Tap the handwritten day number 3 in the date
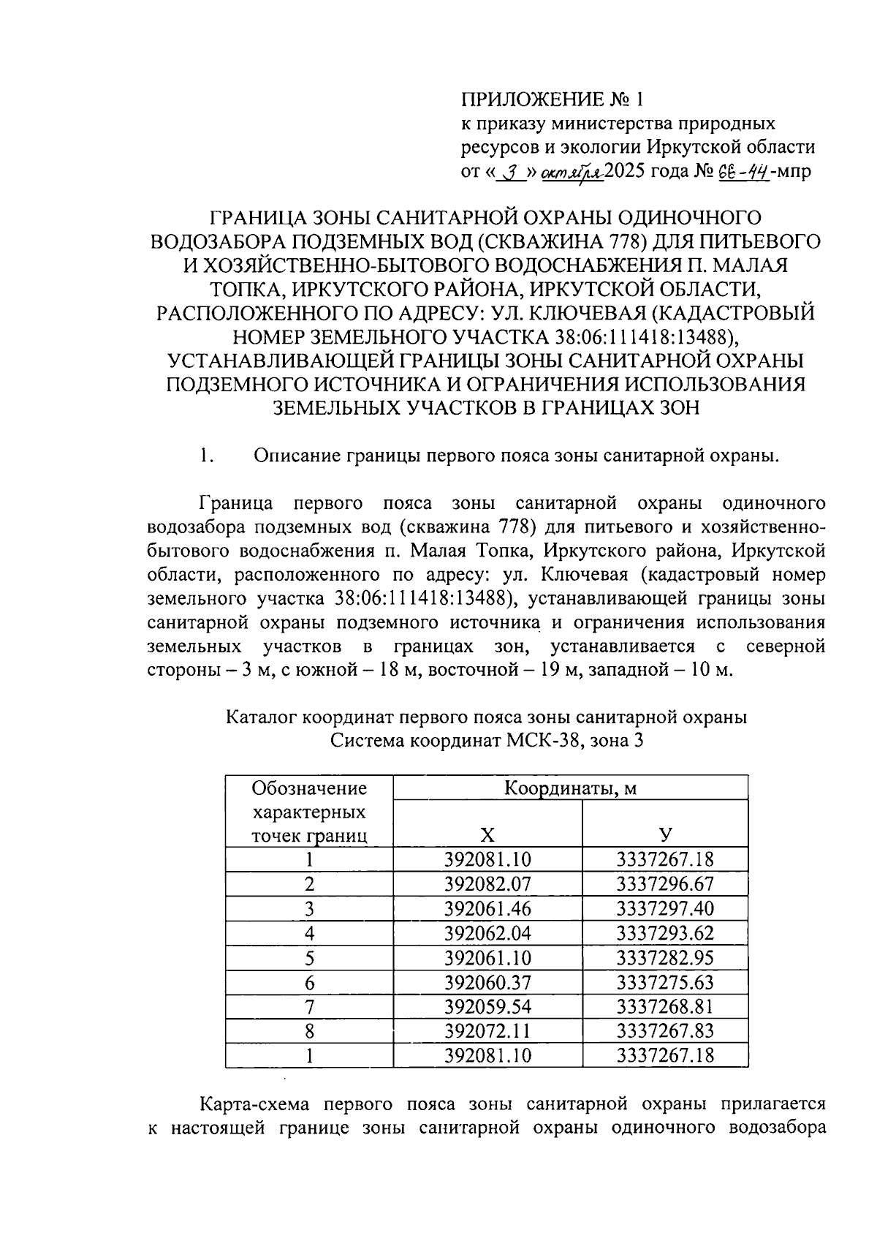pyautogui.click(x=514, y=173)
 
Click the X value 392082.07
pyautogui.click(x=487, y=884)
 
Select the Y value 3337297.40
pyautogui.click(x=664, y=909)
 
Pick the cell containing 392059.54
pyautogui.click(x=487, y=1007)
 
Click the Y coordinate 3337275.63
pyautogui.click(x=664, y=982)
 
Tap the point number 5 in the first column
pyautogui.click(x=310, y=958)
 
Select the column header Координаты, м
pyautogui.click(x=570, y=788)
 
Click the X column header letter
pyautogui.click(x=487, y=835)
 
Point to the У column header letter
pyautogui.click(x=665, y=835)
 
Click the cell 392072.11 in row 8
pyautogui.click(x=487, y=1031)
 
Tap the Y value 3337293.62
pyautogui.click(x=664, y=933)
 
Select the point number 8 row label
pyautogui.click(x=310, y=1031)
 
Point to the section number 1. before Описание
pyautogui.click(x=205, y=456)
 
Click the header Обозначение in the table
pyautogui.click(x=309, y=788)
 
